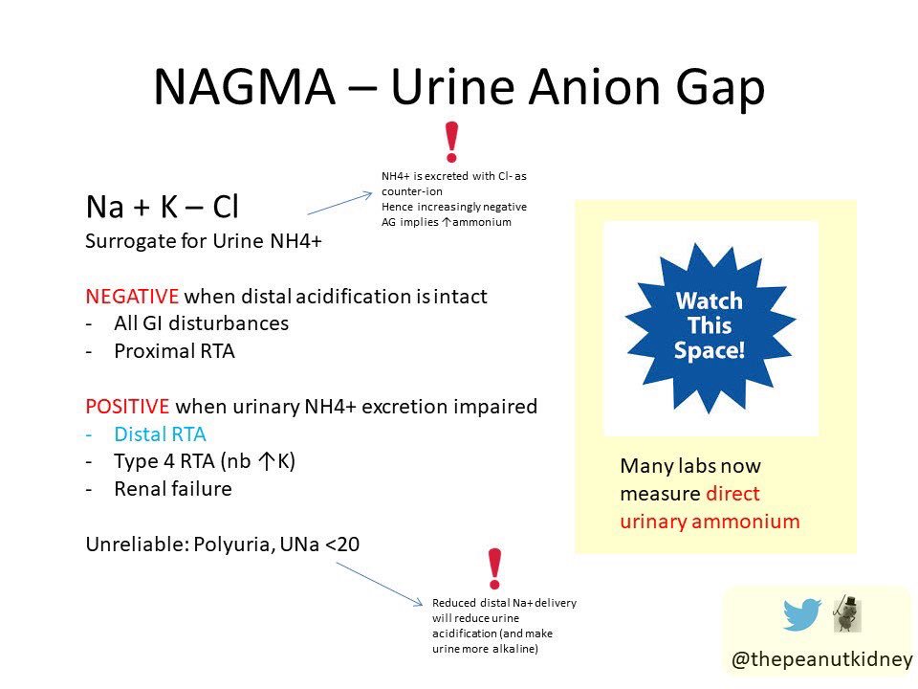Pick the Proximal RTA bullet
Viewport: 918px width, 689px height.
tap(174, 351)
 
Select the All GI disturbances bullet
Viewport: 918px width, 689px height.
tap(201, 323)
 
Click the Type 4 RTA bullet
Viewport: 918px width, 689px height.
tap(205, 461)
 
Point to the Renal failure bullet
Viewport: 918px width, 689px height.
tap(172, 489)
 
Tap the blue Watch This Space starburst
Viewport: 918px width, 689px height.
tap(710, 325)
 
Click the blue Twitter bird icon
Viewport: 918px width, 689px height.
tap(802, 614)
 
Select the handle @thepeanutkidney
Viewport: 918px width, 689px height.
tap(821, 660)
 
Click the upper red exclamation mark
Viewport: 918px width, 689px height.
tap(451, 142)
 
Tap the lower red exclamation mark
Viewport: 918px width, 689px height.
tap(494, 570)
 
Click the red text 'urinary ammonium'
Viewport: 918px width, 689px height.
tap(710, 522)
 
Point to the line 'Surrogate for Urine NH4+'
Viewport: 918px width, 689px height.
tap(204, 241)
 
